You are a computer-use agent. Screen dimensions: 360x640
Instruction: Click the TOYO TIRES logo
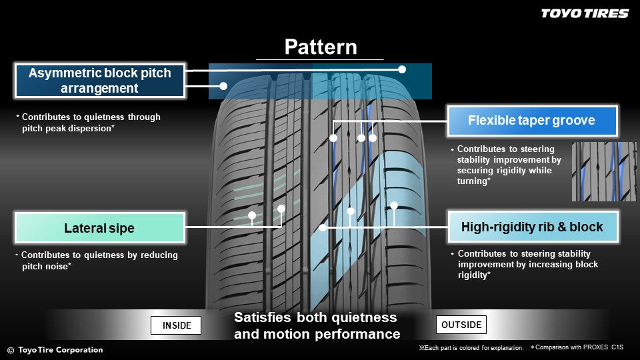coord(584,13)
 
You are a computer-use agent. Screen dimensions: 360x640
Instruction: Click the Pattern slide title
coord(321,47)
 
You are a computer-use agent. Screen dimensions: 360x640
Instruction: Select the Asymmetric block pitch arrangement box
coord(99,81)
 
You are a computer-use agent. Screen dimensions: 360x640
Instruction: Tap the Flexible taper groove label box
coord(531,121)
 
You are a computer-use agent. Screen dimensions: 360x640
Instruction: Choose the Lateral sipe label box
coord(99,228)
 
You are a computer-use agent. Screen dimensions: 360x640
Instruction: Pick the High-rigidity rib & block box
coord(531,227)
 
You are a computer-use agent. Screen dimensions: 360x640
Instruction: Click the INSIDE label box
coord(177,325)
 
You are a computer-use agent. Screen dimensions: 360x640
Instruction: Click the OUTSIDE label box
coord(461,325)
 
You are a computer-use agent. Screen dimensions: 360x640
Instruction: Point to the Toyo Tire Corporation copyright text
coord(55,350)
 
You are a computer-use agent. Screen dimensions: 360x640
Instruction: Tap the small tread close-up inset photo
coord(604,171)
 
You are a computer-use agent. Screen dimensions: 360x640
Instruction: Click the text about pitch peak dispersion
coord(91,122)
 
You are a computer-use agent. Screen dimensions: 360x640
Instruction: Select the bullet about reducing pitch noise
coord(98,260)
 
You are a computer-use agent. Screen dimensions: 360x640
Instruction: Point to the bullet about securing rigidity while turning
coord(508,165)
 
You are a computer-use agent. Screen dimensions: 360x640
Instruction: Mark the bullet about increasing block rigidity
coord(527,264)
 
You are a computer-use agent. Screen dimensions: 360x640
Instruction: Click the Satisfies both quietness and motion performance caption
coord(316,326)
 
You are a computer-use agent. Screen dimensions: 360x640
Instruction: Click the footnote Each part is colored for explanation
coord(471,348)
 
